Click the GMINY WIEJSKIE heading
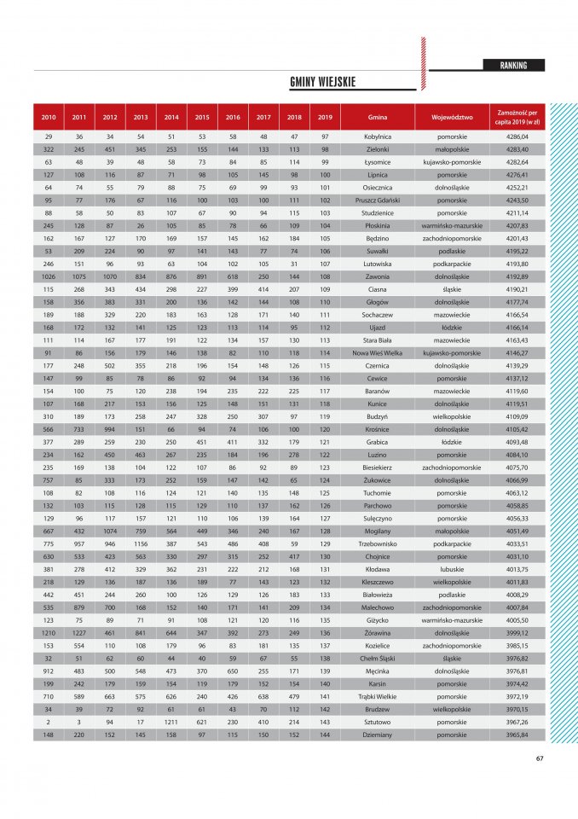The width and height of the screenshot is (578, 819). (x=322, y=83)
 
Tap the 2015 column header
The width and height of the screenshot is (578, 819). (x=202, y=117)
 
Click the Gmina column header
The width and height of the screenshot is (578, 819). (x=378, y=117)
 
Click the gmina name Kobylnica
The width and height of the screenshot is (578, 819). (x=378, y=136)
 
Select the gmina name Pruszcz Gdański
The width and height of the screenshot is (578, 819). (x=378, y=200)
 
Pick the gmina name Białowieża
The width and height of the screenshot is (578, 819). (x=378, y=595)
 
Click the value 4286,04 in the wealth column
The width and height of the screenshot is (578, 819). (x=517, y=136)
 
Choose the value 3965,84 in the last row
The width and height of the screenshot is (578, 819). (x=517, y=735)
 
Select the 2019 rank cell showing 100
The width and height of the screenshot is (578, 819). (x=325, y=175)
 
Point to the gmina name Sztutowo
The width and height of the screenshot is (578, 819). (x=378, y=722)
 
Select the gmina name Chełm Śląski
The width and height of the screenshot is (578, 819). (x=378, y=658)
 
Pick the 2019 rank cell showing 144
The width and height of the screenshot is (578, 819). (x=325, y=735)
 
